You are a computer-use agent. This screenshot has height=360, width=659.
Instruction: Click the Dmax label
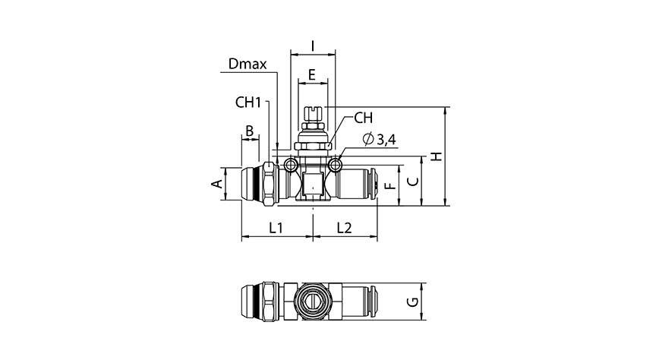[247, 65]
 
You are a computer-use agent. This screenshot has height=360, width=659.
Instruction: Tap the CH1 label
[248, 103]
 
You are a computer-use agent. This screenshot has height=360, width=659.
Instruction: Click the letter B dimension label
[248, 131]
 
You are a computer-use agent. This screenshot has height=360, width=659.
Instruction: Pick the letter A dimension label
[216, 184]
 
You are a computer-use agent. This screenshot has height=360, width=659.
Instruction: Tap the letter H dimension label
[435, 156]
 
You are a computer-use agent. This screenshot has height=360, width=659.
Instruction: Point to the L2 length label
[344, 227]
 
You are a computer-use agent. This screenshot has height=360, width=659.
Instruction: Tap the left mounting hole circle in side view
[291, 165]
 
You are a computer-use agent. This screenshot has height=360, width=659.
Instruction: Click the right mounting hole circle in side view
[336, 165]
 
